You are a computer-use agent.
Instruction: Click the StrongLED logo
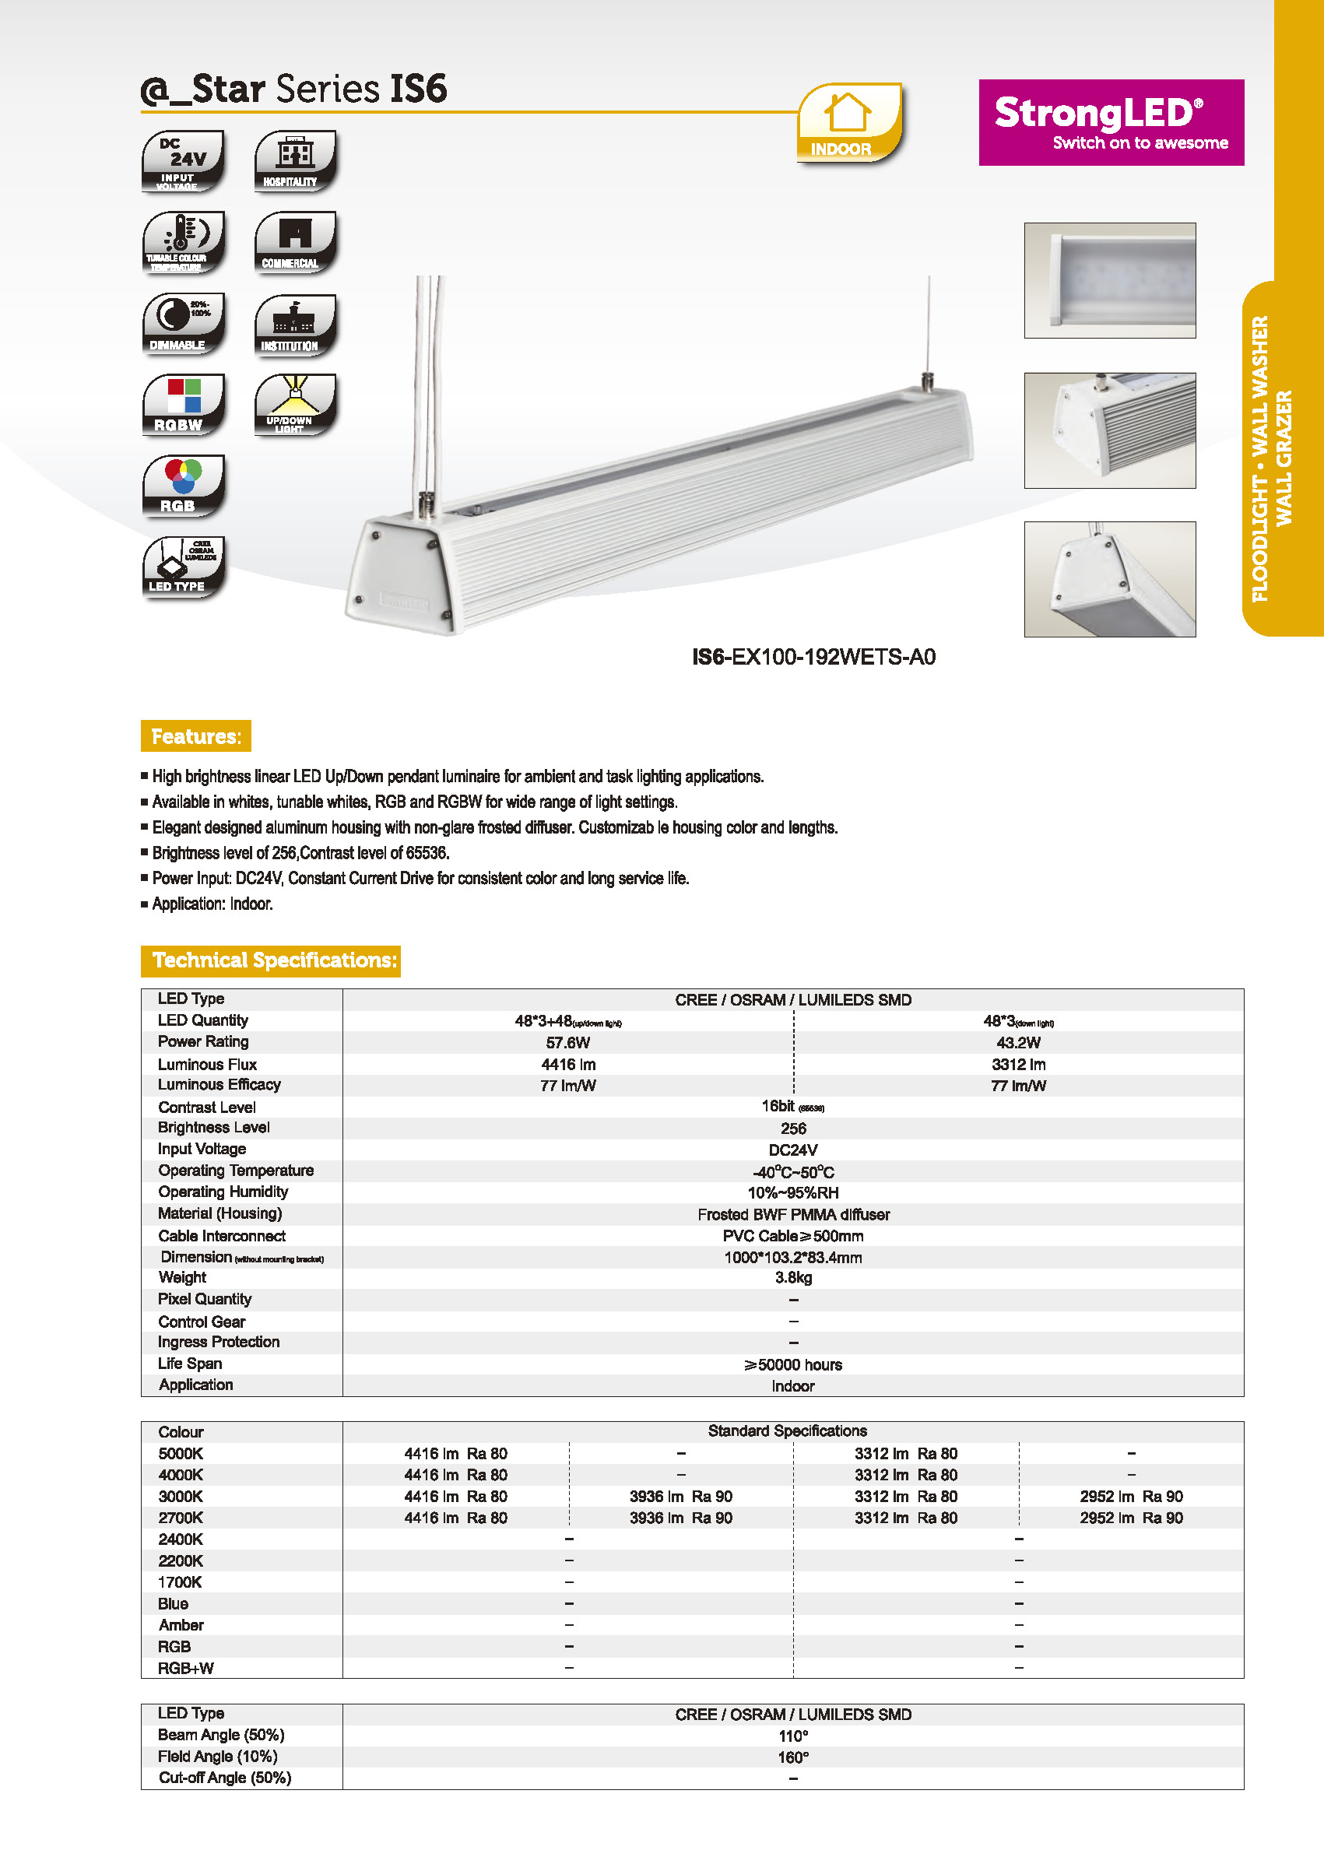1111,122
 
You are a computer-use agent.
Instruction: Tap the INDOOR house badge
848,123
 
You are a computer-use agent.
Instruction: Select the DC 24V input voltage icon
183,161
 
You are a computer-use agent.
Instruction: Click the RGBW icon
183,405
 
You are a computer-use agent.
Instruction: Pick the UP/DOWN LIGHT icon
294,405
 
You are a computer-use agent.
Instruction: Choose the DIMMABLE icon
183,324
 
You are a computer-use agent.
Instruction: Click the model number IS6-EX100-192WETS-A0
813,657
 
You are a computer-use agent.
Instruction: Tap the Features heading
195,736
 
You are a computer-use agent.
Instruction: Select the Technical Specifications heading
271,960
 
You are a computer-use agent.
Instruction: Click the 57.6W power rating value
567,1043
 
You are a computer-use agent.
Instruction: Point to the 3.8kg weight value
792,1277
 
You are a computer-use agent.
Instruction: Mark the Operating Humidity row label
223,1192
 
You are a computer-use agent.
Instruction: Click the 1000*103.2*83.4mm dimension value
792,1257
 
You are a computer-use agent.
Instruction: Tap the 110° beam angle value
792,1736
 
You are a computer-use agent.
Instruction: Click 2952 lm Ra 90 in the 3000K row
1131,1497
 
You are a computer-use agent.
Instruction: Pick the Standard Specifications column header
787,1430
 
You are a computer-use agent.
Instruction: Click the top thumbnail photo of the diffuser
1110,280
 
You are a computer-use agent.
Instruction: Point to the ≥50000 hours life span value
792,1364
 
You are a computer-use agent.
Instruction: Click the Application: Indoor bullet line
212,904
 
